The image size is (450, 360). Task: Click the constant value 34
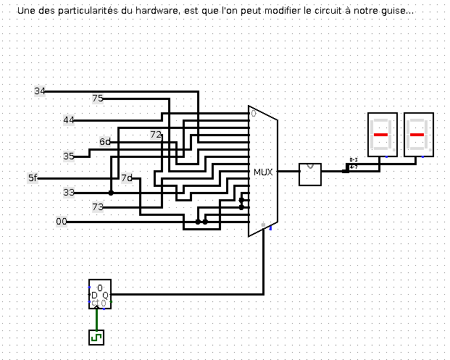click(x=40, y=91)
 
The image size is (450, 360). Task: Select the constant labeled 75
click(x=98, y=99)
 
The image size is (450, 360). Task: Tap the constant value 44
click(x=69, y=120)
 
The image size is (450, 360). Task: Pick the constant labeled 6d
click(x=105, y=141)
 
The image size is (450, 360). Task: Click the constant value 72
click(x=156, y=135)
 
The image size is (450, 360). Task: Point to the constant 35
click(x=69, y=156)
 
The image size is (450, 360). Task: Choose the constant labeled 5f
click(x=33, y=177)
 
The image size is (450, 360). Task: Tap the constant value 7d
click(x=127, y=177)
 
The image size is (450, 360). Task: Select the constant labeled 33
click(x=69, y=192)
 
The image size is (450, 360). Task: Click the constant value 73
click(x=98, y=206)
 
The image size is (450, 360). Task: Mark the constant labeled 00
click(x=62, y=222)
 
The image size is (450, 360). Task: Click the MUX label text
click(x=262, y=172)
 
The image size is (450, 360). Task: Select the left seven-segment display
click(x=382, y=135)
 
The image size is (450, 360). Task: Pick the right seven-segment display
click(x=418, y=135)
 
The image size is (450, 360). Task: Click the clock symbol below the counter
click(x=96, y=337)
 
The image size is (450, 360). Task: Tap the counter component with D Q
click(x=100, y=294)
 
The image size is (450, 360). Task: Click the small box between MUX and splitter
click(x=310, y=174)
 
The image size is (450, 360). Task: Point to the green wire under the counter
click(x=95, y=319)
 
